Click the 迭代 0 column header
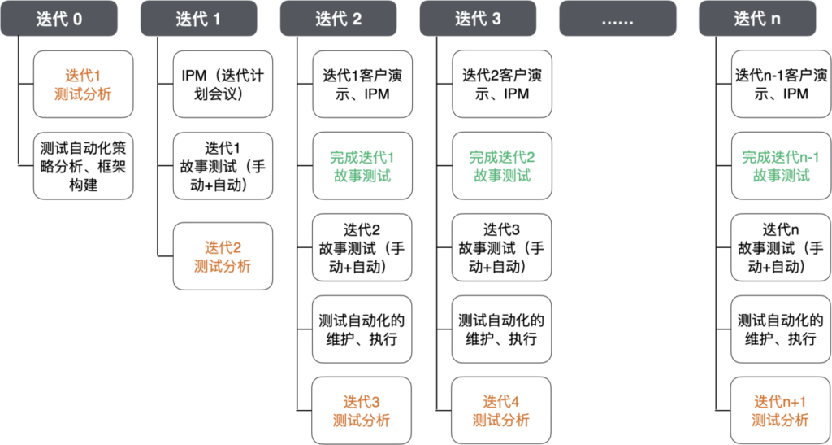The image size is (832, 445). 59,19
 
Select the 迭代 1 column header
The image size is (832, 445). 198,19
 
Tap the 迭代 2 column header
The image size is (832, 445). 339,19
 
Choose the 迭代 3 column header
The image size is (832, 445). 478,19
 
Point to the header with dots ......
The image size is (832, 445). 617,19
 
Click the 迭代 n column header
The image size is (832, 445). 757,19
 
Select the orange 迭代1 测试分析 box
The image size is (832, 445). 83,85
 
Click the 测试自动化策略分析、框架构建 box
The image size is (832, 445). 83,166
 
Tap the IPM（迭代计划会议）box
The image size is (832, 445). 223,85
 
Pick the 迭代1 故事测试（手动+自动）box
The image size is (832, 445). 223,166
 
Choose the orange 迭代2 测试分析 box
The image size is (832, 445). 223,256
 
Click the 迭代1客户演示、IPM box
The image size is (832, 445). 362,85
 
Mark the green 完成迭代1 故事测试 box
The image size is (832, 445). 362,166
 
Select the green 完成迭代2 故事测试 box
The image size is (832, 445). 501,166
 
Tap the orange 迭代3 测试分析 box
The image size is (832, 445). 362,411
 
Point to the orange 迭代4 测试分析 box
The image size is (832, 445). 501,411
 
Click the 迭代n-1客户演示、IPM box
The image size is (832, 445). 781,85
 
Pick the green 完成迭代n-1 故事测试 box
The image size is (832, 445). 781,166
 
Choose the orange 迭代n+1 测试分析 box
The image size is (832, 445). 781,411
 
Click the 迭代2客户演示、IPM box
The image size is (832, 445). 501,85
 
